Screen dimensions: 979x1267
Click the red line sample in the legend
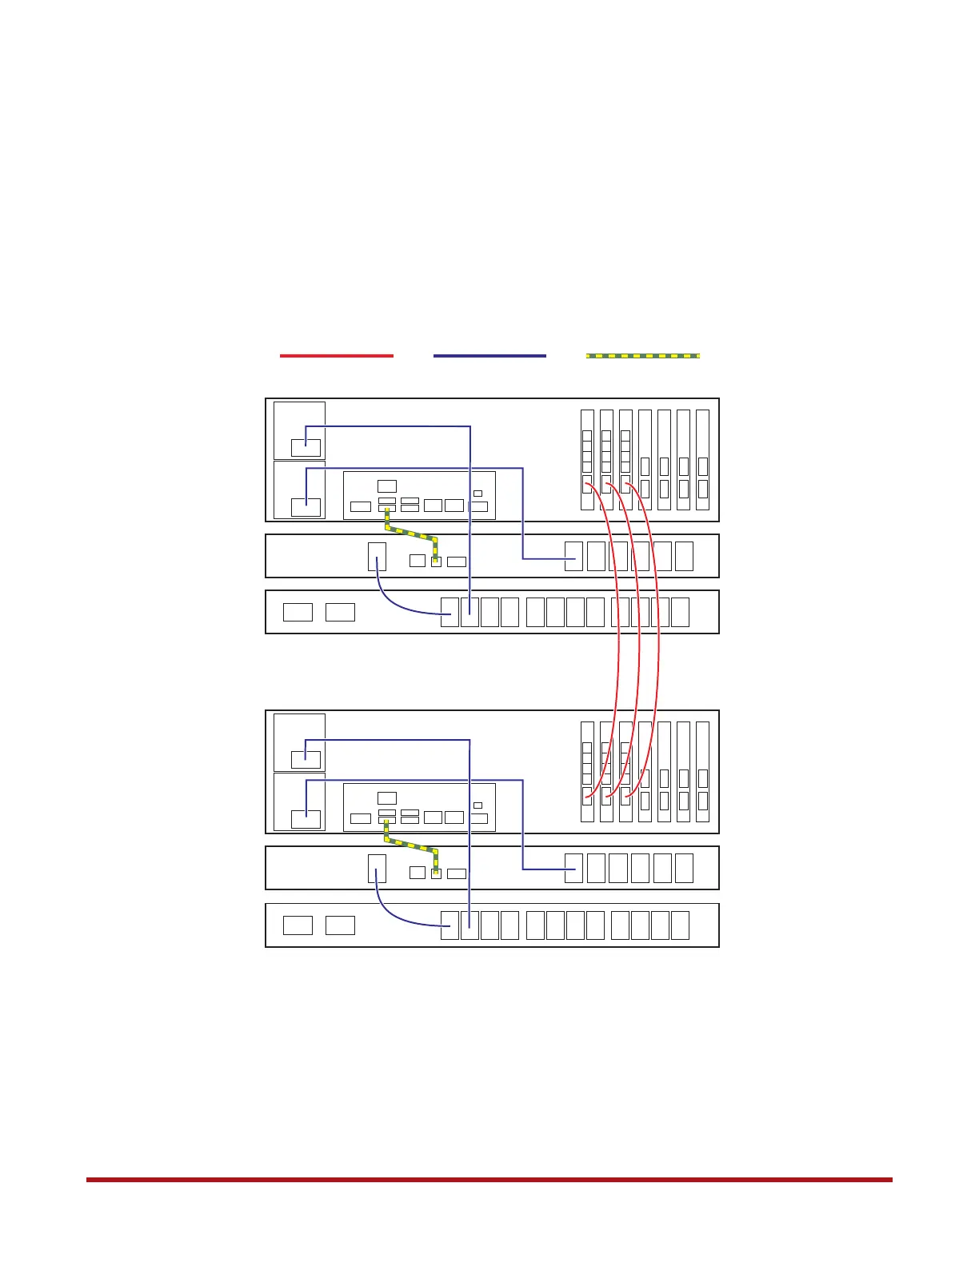tap(336, 355)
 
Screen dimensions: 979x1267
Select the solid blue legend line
tap(489, 355)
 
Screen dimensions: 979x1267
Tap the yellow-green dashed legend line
tap(643, 355)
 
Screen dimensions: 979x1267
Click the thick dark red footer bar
tap(489, 1179)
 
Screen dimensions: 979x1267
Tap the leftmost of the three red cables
tap(617, 640)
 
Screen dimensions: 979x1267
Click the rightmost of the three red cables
tap(659, 640)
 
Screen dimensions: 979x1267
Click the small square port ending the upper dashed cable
tap(436, 561)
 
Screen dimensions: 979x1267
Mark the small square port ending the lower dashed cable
tap(436, 873)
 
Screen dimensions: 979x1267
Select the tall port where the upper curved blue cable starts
tap(377, 556)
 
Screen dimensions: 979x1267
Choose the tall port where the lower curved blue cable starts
tap(377, 868)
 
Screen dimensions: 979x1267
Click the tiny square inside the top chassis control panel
tap(478, 494)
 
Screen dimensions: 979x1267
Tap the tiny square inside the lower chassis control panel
tap(478, 805)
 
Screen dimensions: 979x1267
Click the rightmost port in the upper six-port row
tap(684, 556)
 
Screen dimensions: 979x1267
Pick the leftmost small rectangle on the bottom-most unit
tap(298, 925)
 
